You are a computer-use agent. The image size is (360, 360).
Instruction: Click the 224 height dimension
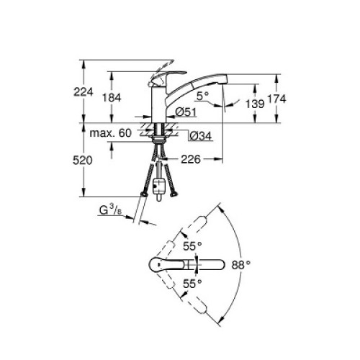point(84,91)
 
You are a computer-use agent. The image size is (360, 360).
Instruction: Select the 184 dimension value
point(112,98)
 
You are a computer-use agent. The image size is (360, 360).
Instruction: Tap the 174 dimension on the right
point(276,99)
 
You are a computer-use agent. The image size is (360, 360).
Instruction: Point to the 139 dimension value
point(255,104)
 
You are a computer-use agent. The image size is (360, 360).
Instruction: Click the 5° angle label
point(202,96)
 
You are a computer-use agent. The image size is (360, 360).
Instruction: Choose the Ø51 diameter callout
point(186,112)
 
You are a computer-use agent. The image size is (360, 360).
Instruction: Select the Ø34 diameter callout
point(201,136)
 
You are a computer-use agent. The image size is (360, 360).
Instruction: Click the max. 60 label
point(110,132)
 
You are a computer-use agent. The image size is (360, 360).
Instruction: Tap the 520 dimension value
point(82,161)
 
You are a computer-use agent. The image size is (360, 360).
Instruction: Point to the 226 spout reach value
point(191,159)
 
